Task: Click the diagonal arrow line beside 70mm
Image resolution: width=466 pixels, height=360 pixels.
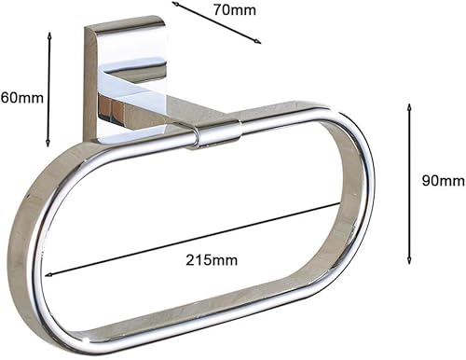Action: click(216, 23)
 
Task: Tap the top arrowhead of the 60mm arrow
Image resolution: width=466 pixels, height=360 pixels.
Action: click(48, 35)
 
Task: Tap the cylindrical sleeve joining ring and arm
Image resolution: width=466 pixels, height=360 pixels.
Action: click(217, 134)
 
